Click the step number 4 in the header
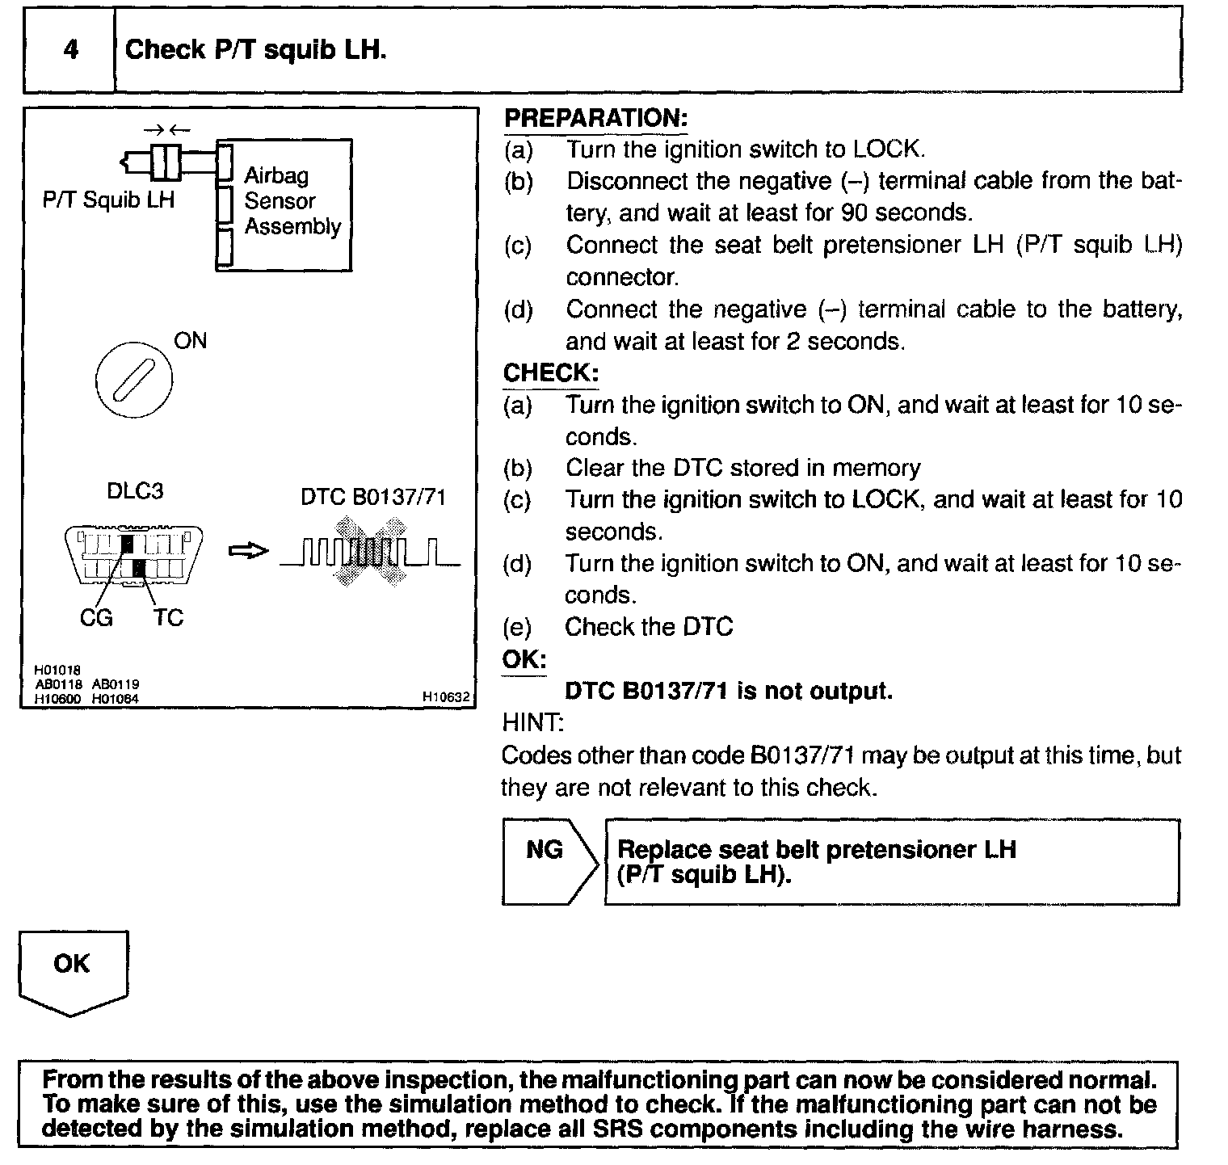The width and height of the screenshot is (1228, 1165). (x=71, y=49)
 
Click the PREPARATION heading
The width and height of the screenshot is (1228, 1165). (x=595, y=118)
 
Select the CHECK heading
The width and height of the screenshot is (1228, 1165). (x=551, y=373)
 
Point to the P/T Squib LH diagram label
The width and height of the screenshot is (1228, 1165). (x=108, y=200)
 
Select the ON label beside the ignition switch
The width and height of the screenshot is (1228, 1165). (x=191, y=341)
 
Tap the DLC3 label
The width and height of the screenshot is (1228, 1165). (x=135, y=491)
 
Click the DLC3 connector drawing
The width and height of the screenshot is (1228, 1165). (x=133, y=556)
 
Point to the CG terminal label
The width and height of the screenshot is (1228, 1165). (x=96, y=618)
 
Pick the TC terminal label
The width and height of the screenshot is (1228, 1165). (x=168, y=618)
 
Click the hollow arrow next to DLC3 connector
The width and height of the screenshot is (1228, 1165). (x=247, y=551)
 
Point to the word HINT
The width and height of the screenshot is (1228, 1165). (x=532, y=721)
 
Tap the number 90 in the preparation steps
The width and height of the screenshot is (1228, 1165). (x=855, y=212)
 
